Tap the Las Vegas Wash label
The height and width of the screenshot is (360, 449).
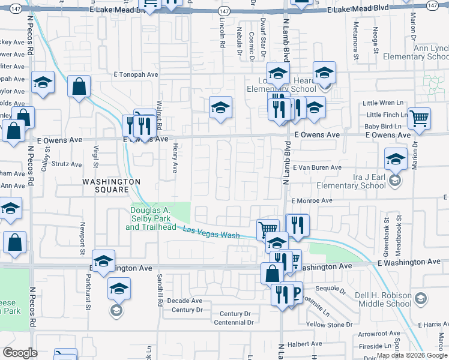tap(211, 233)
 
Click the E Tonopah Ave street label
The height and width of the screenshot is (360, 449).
tap(135, 75)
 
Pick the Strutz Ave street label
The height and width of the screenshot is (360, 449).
tap(66, 164)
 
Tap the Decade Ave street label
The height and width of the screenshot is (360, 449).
tap(185, 301)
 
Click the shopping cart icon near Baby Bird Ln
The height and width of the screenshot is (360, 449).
tap(419, 118)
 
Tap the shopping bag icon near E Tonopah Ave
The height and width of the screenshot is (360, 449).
tap(79, 86)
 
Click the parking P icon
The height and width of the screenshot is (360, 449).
tap(294, 292)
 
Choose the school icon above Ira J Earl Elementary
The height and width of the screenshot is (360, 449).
tap(396, 159)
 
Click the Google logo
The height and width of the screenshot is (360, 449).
tap(20, 353)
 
